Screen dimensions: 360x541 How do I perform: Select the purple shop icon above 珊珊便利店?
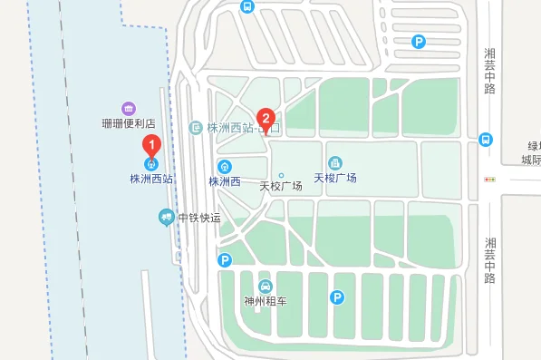(129, 109)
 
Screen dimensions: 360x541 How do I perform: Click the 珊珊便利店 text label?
(129, 123)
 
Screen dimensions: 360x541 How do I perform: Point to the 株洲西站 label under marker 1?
(151, 180)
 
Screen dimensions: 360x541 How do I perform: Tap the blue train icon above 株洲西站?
(152, 165)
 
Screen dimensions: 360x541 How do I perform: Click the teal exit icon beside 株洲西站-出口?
(196, 128)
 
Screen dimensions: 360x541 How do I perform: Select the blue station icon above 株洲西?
(225, 167)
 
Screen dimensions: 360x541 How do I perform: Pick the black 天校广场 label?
(281, 187)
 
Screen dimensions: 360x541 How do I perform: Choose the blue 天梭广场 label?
(335, 178)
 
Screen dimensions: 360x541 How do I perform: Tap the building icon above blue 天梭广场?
(335, 162)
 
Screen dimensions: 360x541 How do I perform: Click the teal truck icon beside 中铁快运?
(166, 217)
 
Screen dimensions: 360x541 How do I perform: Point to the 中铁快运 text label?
(199, 218)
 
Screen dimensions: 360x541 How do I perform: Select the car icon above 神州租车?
(266, 287)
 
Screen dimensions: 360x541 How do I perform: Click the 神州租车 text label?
(266, 301)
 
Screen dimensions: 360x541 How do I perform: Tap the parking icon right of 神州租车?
(337, 297)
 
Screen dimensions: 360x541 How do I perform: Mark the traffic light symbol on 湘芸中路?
(490, 180)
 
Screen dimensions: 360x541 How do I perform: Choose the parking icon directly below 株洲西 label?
(225, 260)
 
